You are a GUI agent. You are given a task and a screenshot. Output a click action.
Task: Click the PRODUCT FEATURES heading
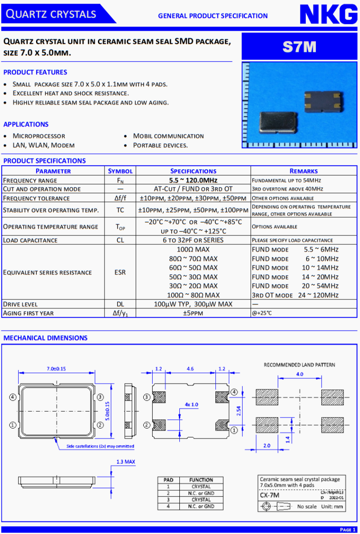[x=35, y=72]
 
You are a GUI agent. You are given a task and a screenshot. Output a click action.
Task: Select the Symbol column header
[x=120, y=171]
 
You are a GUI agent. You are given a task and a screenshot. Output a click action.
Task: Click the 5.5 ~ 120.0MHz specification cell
[x=193, y=180]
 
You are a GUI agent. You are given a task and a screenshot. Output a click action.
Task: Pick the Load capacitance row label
[x=30, y=240]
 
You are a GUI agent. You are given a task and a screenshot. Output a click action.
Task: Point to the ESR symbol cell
[x=120, y=272]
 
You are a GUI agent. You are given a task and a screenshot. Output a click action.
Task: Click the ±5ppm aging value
[x=193, y=313]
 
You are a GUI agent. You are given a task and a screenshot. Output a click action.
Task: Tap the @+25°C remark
[x=262, y=313]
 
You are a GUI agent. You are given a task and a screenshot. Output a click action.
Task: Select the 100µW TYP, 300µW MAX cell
[x=193, y=304]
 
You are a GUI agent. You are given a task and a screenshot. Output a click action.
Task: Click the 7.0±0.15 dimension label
[x=57, y=369]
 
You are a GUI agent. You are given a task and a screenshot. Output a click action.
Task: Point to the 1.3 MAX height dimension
[x=125, y=462]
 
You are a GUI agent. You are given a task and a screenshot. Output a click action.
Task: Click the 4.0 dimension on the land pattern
[x=299, y=374]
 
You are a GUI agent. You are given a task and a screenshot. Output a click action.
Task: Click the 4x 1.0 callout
[x=191, y=405]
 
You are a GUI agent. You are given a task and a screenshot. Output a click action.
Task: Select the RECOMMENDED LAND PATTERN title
[x=299, y=365]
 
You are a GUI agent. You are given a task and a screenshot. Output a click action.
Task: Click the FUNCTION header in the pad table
[x=201, y=480]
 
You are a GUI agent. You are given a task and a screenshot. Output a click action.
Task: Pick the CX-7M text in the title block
[x=270, y=495]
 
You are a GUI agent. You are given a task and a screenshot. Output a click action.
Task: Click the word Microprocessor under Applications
[x=39, y=136]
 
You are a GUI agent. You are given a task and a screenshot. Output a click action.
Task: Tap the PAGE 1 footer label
[x=348, y=530]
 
